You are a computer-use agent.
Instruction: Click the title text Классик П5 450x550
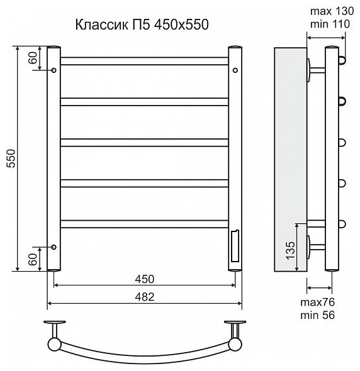(x=142, y=25)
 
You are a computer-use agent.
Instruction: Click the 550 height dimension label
(x=11, y=158)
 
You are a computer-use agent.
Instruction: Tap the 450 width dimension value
(x=145, y=279)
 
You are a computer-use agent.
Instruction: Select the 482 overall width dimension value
(x=145, y=297)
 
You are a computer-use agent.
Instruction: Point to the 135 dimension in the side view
(x=290, y=250)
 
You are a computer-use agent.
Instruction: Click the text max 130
(x=332, y=11)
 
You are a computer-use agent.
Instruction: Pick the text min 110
(x=330, y=24)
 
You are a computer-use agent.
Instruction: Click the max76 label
(x=317, y=302)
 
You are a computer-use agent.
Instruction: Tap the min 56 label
(x=317, y=315)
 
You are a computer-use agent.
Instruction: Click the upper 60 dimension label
(x=33, y=58)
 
